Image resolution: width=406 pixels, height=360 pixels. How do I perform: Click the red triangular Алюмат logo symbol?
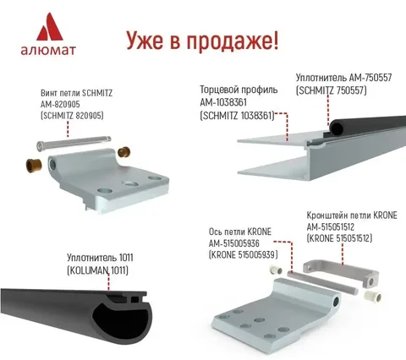[49, 27]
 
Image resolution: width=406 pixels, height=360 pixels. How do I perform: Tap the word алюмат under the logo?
[48, 50]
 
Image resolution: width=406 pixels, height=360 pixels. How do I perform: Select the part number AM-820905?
[60, 104]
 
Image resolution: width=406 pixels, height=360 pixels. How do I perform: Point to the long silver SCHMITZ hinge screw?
[74, 143]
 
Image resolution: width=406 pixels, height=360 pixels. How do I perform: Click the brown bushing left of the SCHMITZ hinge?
[34, 166]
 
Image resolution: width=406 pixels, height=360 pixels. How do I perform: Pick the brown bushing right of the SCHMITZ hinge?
[123, 151]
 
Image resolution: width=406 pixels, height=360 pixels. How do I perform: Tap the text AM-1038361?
[223, 102]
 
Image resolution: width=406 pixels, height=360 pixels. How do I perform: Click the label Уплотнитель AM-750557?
[343, 78]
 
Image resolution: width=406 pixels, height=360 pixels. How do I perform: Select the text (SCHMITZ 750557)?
[331, 90]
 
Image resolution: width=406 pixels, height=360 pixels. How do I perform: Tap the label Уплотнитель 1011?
[100, 258]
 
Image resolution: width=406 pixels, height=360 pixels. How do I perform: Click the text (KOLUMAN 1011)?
[97, 270]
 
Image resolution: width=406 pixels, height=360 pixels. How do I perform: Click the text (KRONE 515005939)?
[243, 254]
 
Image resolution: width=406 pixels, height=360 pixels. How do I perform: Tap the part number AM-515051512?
[331, 226]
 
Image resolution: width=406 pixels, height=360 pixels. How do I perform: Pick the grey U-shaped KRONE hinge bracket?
[341, 270]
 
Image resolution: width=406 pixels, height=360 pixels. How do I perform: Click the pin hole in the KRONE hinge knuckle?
[336, 303]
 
